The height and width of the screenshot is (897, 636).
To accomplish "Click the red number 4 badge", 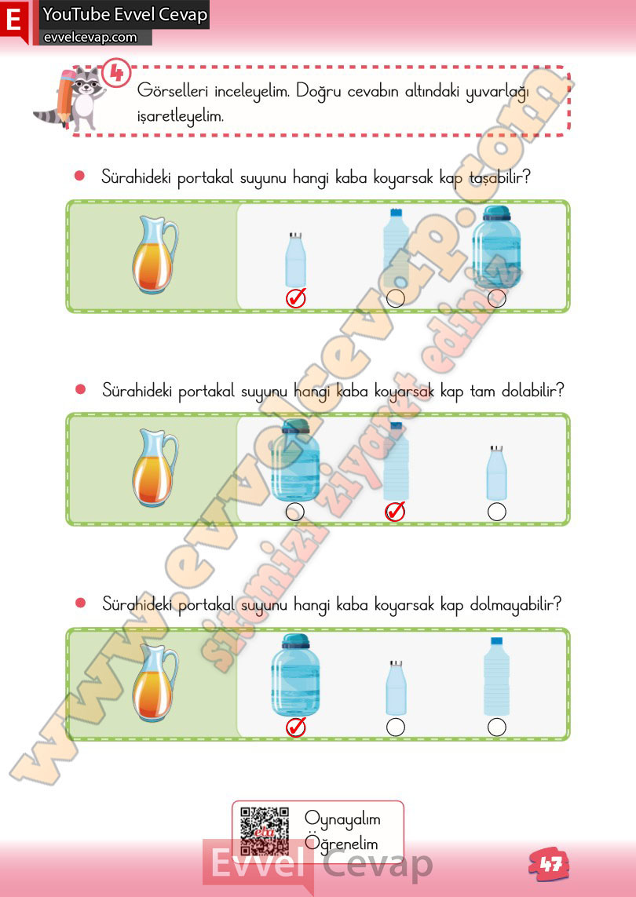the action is tap(117, 73).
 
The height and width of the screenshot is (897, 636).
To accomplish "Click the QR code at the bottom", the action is tap(265, 831).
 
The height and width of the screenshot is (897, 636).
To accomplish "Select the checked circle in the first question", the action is tap(296, 298).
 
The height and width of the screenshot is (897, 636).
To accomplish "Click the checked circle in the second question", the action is tap(395, 512).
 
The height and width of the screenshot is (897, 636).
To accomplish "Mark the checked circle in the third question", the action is tap(296, 727).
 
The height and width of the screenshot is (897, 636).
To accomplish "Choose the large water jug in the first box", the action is tap(496, 247).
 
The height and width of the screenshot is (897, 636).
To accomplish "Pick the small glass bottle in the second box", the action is tap(496, 473).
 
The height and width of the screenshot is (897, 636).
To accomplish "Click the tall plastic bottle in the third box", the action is tap(496, 676).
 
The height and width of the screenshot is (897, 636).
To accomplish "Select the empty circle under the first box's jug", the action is tap(496, 298).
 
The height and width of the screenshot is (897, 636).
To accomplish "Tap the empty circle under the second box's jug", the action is tap(294, 512).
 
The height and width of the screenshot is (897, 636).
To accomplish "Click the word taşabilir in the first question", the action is tap(499, 178).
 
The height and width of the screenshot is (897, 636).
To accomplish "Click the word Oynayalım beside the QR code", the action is tap(342, 820).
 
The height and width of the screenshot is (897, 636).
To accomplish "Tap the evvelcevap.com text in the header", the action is tap(90, 38).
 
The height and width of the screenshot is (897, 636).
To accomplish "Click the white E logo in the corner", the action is tap(13, 20).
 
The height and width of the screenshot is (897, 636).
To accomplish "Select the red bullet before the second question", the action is tap(81, 389).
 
